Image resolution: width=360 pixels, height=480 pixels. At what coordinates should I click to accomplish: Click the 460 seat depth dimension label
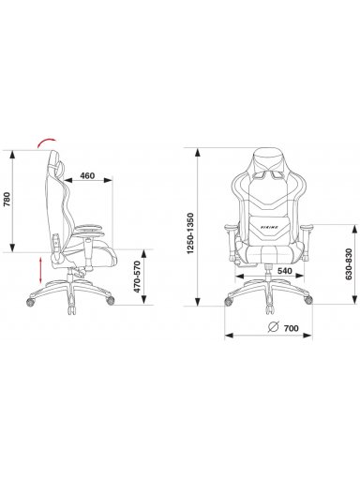(87, 176)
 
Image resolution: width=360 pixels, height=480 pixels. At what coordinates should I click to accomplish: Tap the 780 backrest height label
(7, 200)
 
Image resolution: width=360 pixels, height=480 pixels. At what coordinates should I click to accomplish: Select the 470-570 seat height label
(137, 277)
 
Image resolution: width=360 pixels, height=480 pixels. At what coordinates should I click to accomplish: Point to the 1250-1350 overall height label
(190, 233)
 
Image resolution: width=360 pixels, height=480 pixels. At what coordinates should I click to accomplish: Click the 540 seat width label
(285, 271)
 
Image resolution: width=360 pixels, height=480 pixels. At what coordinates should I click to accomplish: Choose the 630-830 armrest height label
(349, 264)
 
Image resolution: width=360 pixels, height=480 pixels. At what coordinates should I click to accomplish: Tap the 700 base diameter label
(292, 328)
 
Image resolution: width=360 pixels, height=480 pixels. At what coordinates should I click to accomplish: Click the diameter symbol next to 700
(274, 326)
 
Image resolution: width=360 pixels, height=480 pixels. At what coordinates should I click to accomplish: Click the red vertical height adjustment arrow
(40, 270)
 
